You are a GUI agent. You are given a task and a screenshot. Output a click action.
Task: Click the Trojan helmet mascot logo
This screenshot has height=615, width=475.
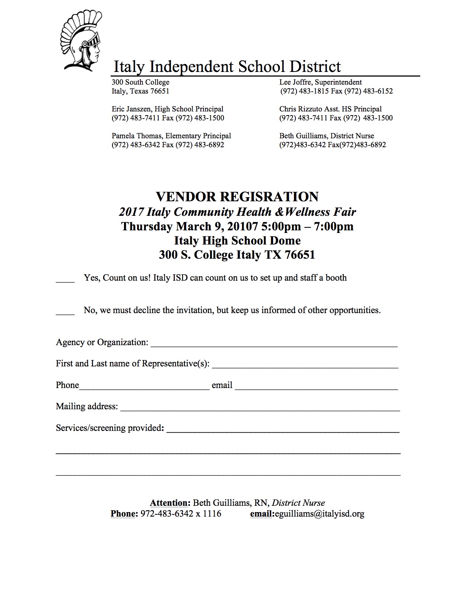(81, 41)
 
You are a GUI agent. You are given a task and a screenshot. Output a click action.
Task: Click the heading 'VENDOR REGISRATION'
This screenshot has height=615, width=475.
(237, 196)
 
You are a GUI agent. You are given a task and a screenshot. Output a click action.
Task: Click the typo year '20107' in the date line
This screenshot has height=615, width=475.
(242, 226)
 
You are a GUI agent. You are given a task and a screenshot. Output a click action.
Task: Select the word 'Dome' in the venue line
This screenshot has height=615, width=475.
(285, 240)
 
